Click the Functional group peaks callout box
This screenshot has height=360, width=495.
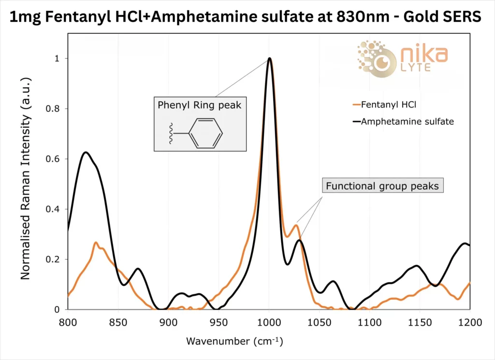pyautogui.click(x=382, y=186)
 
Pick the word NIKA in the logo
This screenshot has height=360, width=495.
pyautogui.click(x=421, y=54)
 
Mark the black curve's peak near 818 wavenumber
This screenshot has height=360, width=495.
pyautogui.click(x=86, y=152)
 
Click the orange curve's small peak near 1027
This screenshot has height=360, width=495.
pyautogui.click(x=296, y=225)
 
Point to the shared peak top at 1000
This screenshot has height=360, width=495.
pyautogui.click(x=269, y=59)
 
